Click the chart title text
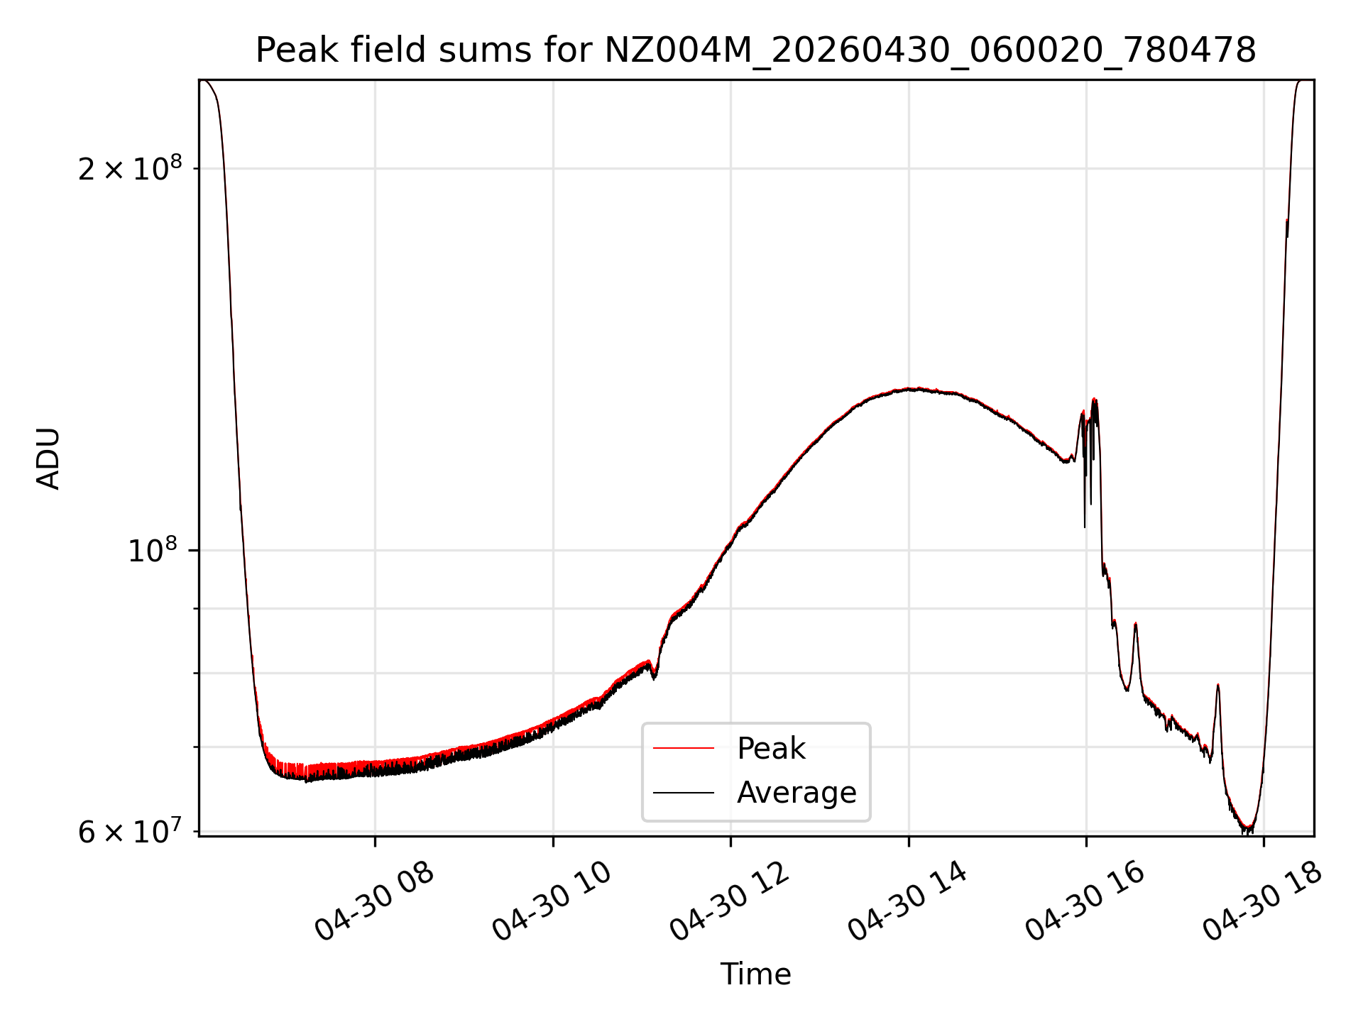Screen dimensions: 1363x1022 (x=755, y=50)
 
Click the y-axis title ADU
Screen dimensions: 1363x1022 (x=48, y=458)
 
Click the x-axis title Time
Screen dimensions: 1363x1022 (x=755, y=974)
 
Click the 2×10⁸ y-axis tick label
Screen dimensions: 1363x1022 (x=130, y=168)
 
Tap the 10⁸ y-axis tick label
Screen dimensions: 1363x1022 (x=152, y=550)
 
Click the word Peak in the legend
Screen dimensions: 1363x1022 (x=771, y=749)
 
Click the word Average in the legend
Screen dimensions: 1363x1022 (x=797, y=793)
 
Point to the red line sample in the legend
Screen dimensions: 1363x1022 (x=684, y=748)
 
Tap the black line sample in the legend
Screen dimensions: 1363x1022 (x=684, y=792)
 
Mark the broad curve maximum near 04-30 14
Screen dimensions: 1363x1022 (x=918, y=388)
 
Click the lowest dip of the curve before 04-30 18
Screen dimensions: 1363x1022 (x=1248, y=829)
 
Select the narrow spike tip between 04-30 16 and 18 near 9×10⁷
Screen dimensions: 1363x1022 (x=1136, y=623)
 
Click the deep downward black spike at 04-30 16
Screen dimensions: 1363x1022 (x=1085, y=527)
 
